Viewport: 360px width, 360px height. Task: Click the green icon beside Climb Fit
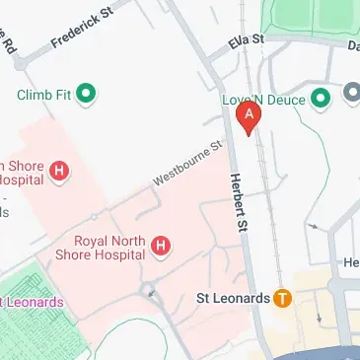(x=87, y=95)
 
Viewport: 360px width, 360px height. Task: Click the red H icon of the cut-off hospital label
(x=60, y=172)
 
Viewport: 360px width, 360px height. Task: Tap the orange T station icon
(x=282, y=297)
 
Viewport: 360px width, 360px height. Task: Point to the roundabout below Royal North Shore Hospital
(x=149, y=290)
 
